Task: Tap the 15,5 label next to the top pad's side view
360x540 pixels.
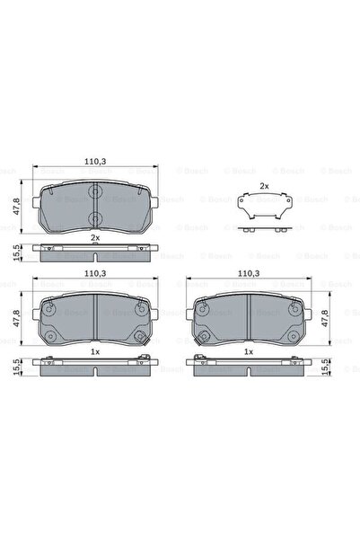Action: tap(15, 252)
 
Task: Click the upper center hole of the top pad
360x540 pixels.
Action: tap(94, 190)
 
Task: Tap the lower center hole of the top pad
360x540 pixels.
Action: tap(94, 218)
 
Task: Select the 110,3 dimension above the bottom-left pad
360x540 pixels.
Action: tap(94, 272)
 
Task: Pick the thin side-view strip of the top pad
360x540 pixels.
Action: tap(94, 252)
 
